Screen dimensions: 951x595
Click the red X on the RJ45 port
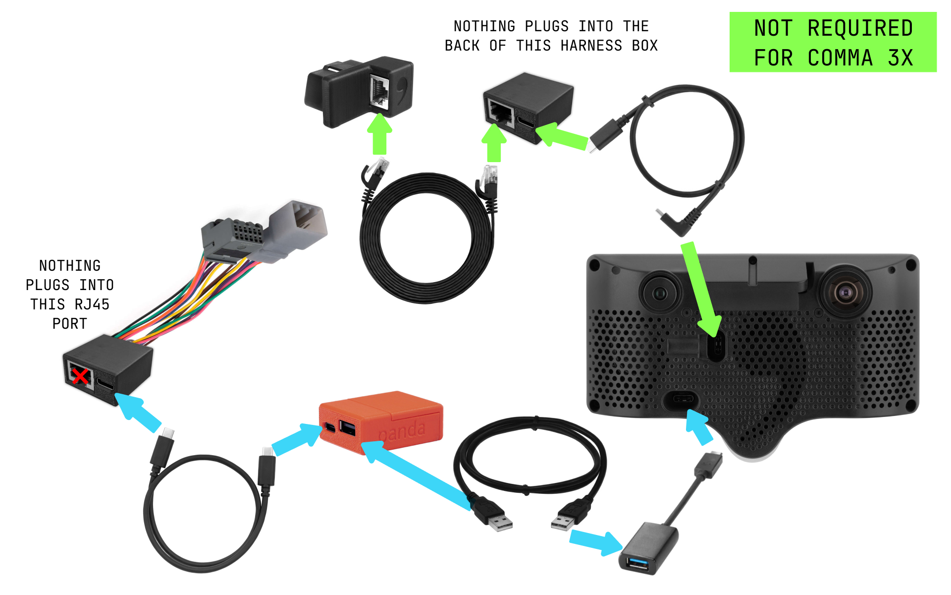tap(80, 375)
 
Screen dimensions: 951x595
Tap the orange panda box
tap(381, 422)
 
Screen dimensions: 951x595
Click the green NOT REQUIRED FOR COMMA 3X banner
tap(833, 42)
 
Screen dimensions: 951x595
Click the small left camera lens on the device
tap(660, 294)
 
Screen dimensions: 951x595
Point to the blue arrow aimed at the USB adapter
tap(596, 542)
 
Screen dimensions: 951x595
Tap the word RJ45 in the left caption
tap(92, 304)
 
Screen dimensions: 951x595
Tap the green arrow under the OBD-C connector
tap(379, 134)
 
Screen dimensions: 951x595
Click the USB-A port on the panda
tap(347, 428)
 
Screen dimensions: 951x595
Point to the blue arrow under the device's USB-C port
tap(699, 427)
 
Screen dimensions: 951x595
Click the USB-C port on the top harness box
tap(527, 120)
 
